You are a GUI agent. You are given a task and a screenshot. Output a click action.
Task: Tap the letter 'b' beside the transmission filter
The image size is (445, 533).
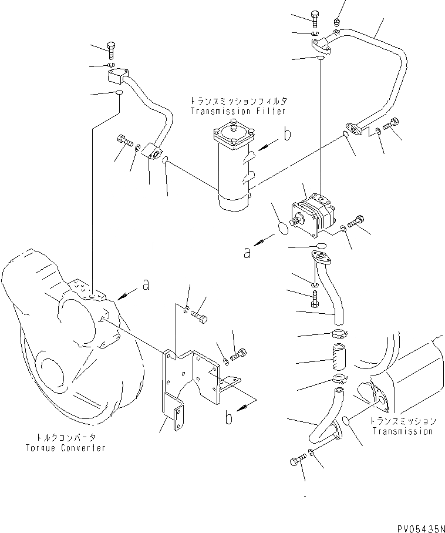pos(286,135)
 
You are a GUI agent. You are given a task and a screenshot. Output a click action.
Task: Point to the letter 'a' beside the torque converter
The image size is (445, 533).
pos(145,286)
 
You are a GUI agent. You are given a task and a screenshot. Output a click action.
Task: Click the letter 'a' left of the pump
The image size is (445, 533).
pos(247,253)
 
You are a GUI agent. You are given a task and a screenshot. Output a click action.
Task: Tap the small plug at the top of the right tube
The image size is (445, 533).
pos(336,22)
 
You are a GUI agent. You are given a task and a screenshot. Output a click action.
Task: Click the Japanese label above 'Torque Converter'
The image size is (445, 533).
pos(65,438)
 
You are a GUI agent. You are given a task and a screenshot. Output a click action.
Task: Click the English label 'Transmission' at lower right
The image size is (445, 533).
pos(403,431)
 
